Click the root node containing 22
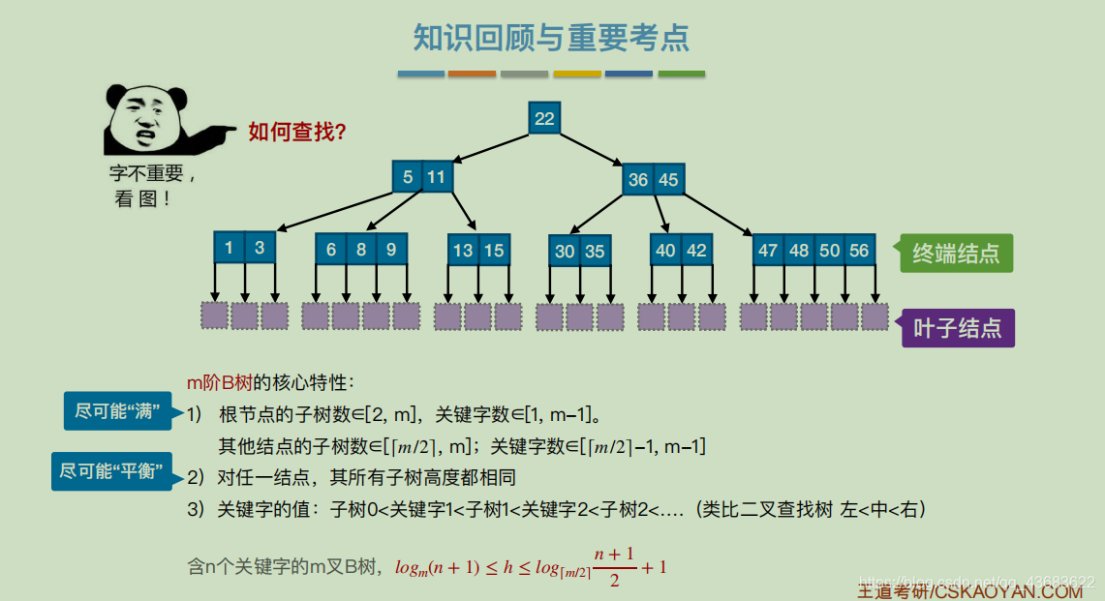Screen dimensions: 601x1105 [x=544, y=118]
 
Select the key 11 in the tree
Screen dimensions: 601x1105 [x=437, y=177]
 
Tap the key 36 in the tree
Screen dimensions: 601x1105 [x=638, y=180]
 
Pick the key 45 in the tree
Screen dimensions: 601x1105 [x=668, y=180]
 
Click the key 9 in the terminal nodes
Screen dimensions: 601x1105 [x=390, y=250]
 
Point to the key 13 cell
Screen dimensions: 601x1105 [x=463, y=251]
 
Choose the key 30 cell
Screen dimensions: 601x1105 [x=565, y=252]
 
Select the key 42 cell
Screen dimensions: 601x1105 [x=696, y=251]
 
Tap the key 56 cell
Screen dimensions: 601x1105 [x=859, y=251]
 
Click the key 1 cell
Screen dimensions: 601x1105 [x=229, y=248]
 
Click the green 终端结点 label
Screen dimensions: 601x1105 [x=956, y=254]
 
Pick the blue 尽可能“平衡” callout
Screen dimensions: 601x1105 [x=110, y=471]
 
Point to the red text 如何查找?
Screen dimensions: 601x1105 [x=297, y=133]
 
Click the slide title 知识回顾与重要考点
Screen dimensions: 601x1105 [x=551, y=39]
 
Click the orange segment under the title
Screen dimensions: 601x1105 [x=473, y=74]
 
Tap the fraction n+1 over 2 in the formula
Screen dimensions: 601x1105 [x=614, y=566]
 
